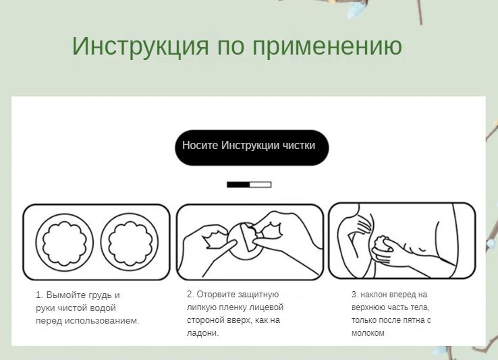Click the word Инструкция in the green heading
(x=140, y=47)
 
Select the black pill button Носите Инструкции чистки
(x=252, y=148)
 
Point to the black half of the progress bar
(x=238, y=185)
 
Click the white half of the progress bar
(x=260, y=185)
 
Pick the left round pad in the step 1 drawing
(x=65, y=243)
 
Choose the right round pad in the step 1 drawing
(x=130, y=242)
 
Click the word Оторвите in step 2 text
(x=216, y=295)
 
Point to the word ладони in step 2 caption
(x=202, y=333)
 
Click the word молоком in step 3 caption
(x=368, y=333)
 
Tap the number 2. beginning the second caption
(x=190, y=295)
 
